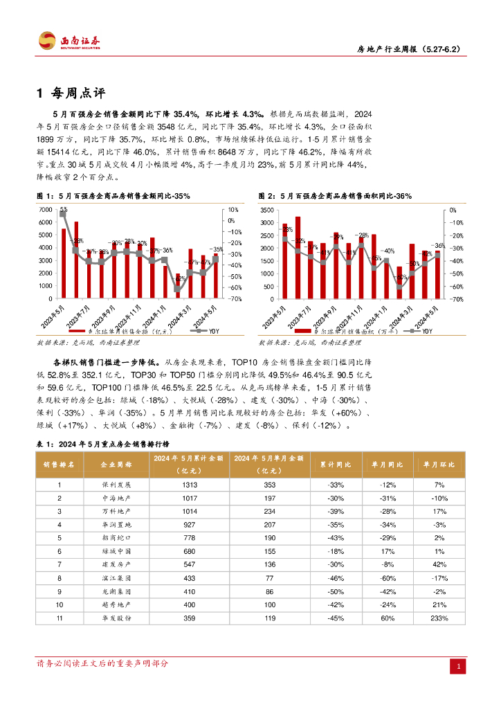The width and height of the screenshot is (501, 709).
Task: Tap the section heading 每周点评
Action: tap(76, 93)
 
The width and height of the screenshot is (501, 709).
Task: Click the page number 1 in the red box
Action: tap(457, 667)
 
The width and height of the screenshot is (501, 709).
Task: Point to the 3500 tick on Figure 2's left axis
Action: tap(268, 209)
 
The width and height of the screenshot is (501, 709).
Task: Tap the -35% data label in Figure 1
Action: tap(217, 249)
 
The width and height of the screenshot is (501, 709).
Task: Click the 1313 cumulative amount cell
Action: tap(190, 485)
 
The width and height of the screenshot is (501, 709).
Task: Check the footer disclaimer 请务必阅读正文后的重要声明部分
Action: tap(102, 663)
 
